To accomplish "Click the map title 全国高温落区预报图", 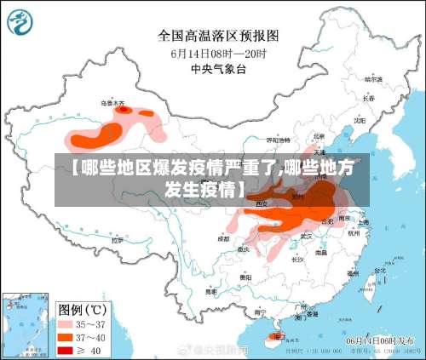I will point(218,36).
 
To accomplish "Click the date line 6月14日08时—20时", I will point(218,54).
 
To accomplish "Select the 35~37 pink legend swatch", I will point(66,323).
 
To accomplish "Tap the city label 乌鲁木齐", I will point(112,104).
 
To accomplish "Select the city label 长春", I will point(369,98).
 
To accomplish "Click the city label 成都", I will point(223,239).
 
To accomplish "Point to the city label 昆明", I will point(207,289).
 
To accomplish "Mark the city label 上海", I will point(363,222).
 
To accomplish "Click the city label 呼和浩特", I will point(274,139).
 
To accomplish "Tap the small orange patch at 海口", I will point(274,337).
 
